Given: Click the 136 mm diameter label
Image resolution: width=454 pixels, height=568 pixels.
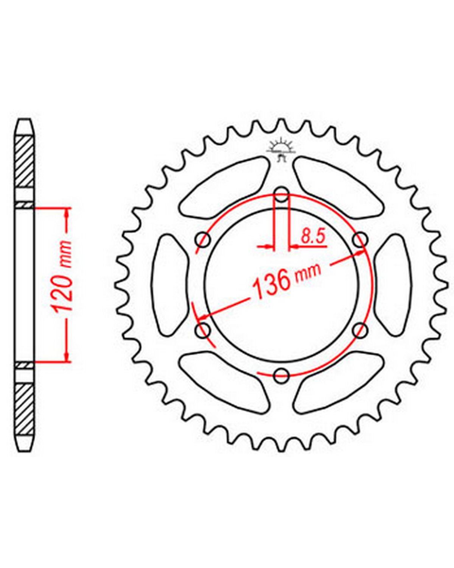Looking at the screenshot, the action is pyautogui.click(x=286, y=281).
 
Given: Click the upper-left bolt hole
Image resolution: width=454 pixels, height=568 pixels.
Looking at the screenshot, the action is pyautogui.click(x=203, y=240).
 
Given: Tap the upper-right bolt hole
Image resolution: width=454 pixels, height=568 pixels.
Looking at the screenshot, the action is pyautogui.click(x=360, y=240).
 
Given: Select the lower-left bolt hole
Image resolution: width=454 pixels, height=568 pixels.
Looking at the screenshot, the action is pyautogui.click(x=203, y=330).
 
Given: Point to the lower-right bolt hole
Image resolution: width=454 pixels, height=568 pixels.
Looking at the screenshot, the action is pyautogui.click(x=360, y=330).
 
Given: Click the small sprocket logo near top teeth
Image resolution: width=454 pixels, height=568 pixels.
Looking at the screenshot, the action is pyautogui.click(x=280, y=150).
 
